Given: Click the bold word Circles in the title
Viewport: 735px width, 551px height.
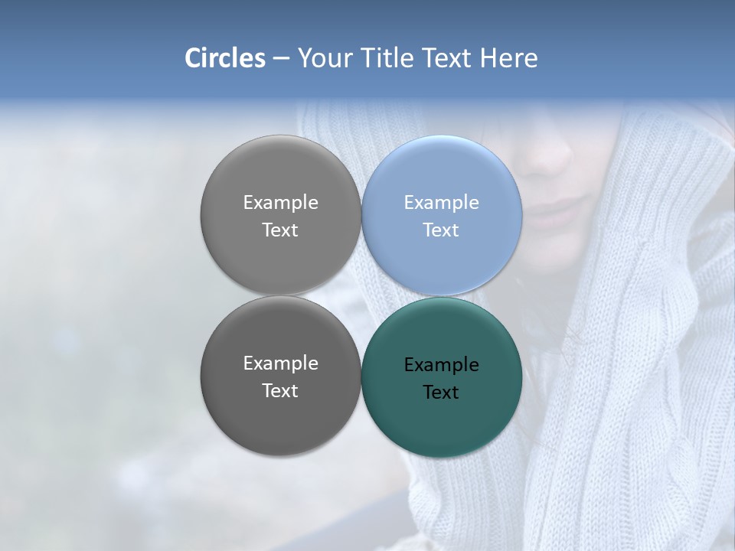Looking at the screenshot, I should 224,58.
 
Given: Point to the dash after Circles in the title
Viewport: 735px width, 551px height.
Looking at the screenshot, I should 281,59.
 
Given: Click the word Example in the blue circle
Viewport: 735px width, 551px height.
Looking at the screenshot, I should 441,203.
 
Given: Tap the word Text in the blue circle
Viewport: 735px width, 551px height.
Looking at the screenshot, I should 441,230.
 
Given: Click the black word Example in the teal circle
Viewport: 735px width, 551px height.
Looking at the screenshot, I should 441,365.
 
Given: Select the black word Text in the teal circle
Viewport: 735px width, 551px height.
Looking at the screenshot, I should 441,393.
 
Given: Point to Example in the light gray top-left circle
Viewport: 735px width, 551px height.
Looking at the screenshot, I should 280,203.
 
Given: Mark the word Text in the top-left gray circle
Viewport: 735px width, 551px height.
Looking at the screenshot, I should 280,230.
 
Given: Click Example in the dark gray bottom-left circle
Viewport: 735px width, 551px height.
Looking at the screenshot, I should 280,364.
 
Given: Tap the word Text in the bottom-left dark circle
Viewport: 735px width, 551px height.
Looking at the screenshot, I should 280,390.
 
